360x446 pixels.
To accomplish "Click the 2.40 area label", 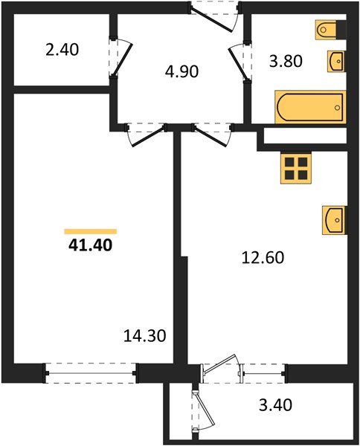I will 62,51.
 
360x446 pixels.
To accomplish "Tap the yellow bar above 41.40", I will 90,231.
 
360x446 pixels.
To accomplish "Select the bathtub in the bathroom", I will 310,106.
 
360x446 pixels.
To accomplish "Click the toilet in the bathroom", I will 329,30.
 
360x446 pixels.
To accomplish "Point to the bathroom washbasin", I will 335,59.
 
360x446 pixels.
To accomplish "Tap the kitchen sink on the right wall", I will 334,220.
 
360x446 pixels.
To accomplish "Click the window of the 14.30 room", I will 91,372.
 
